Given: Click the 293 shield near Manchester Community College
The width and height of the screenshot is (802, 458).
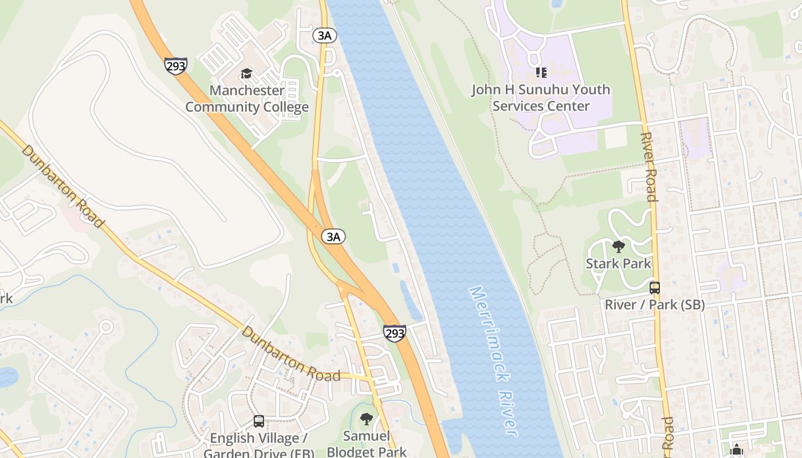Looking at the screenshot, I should (x=175, y=66).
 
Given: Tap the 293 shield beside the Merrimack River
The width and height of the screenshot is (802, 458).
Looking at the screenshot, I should (x=395, y=333).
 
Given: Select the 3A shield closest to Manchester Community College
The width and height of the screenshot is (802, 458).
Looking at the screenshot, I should (x=324, y=35).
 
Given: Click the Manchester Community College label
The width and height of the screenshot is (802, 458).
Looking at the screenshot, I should (x=247, y=98).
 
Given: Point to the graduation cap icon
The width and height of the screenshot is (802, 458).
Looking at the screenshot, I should (x=246, y=73).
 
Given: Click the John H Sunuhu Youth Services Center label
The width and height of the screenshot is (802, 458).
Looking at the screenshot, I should (x=541, y=98).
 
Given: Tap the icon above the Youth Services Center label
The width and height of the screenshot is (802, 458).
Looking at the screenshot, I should (x=541, y=73).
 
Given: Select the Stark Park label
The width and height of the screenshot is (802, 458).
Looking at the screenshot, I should (x=618, y=263).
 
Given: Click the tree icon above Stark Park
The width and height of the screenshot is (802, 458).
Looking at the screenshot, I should (x=618, y=247).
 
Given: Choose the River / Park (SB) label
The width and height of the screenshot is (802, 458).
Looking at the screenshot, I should (x=654, y=305).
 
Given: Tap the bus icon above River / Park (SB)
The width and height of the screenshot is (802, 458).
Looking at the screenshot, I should (x=654, y=288).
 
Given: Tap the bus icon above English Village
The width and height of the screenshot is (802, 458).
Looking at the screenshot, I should (x=259, y=421).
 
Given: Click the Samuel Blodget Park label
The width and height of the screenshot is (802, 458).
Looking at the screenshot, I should (x=367, y=444).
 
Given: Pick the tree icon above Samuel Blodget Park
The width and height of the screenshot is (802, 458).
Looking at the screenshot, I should (x=367, y=419).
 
